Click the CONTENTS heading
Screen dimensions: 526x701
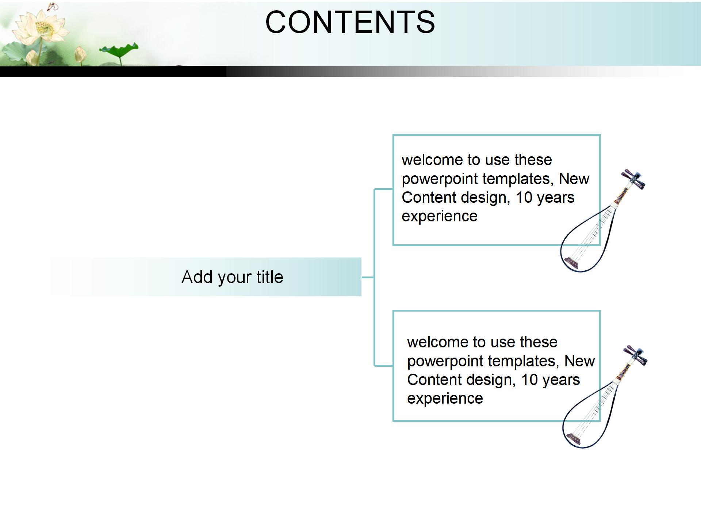(x=350, y=22)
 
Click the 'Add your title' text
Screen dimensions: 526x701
(x=232, y=277)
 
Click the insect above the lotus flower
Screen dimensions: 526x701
(x=53, y=6)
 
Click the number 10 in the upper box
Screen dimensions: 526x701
(x=524, y=198)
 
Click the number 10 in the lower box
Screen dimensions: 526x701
(x=529, y=380)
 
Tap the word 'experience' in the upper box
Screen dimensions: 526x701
(x=440, y=216)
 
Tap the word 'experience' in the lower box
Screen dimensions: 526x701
(x=445, y=399)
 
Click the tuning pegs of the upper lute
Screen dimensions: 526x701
(x=635, y=179)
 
